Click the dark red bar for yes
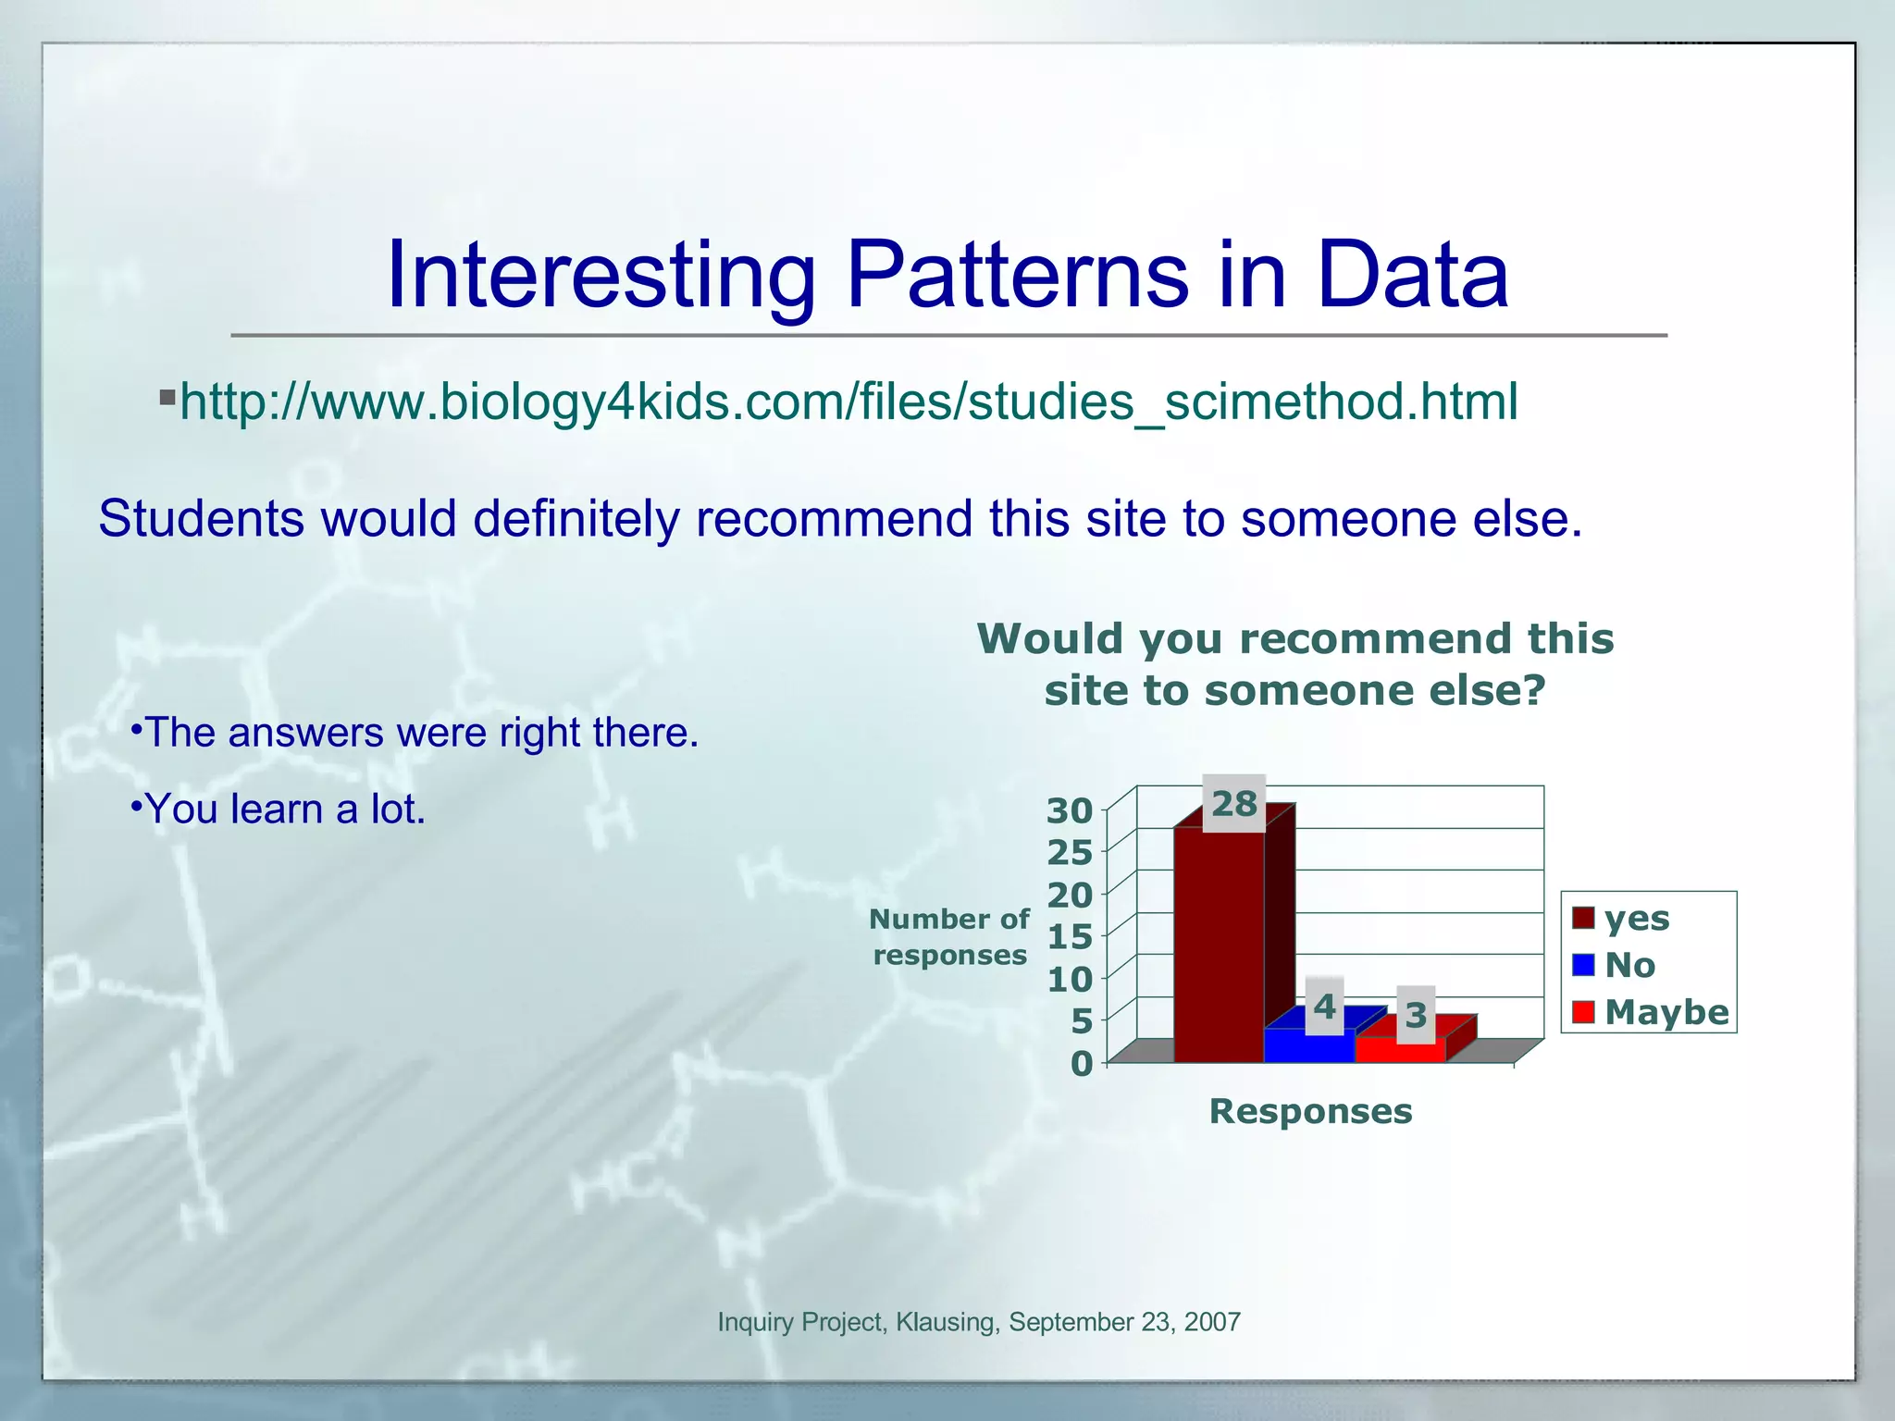[1219, 944]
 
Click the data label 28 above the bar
[1234, 804]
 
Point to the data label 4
[1325, 1007]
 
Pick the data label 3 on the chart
[1416, 1016]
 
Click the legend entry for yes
[1635, 918]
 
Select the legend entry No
[1629, 965]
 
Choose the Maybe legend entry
[1665, 1012]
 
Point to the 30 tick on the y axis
[1070, 811]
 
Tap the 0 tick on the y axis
[1081, 1064]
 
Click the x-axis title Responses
[1310, 1111]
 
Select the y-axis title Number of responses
[949, 937]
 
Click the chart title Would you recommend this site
[1295, 664]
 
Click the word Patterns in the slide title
[1017, 275]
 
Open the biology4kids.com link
[848, 402]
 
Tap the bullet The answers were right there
[421, 733]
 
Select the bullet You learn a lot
[285, 809]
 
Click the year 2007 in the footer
[1211, 1322]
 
